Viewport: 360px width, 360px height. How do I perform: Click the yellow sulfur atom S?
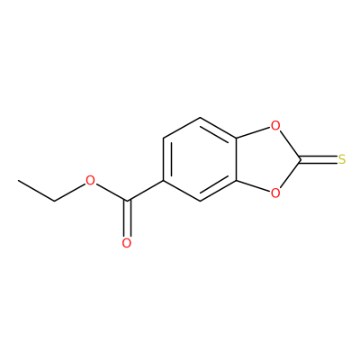342,159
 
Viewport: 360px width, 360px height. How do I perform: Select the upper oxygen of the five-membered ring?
275,125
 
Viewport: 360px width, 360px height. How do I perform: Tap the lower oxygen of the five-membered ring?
275,193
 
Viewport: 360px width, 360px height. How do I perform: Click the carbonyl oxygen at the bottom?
127,243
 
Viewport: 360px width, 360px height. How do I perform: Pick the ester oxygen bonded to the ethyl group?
90,181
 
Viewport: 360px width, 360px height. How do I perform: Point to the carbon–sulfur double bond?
319,159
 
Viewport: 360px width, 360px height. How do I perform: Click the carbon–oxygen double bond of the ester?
127,219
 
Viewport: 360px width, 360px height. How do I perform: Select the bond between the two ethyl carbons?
36,191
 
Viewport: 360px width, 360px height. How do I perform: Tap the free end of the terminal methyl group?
18,180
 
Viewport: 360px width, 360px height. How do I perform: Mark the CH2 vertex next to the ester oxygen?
54,202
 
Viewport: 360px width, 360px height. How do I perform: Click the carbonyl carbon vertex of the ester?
127,201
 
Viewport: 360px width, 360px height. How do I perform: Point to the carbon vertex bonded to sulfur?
301,159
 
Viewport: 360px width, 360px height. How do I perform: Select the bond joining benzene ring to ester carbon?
145,191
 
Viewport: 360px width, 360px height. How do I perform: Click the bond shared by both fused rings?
237,159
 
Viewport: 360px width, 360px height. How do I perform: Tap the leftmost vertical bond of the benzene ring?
164,159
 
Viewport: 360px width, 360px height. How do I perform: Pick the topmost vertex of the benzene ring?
200,118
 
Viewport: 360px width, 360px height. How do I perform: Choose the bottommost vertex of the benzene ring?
200,202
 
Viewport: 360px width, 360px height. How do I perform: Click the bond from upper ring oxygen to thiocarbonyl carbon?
290,145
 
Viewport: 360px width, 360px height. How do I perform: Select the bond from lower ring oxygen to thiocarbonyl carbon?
290,175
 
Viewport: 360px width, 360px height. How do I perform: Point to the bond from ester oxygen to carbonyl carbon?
111,192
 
